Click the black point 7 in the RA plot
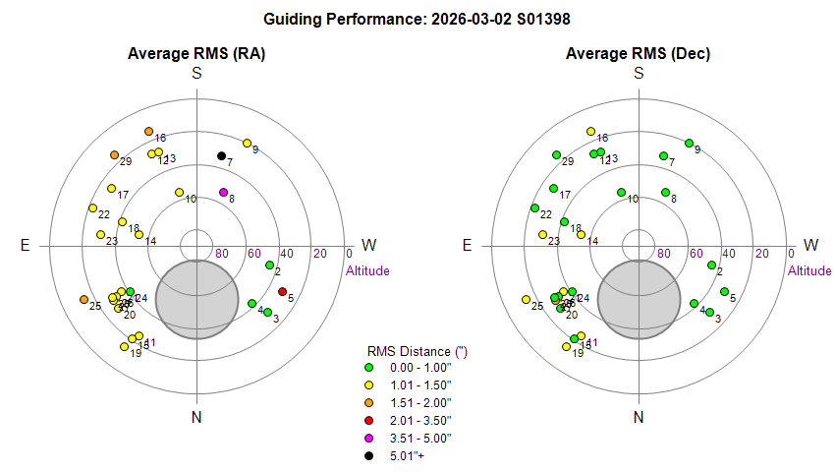tap(221, 155)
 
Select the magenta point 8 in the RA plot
tap(223, 192)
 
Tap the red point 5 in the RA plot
tap(282, 291)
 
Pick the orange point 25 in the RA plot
tap(83, 300)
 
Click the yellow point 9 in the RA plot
tap(247, 143)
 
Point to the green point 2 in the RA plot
tap(269, 265)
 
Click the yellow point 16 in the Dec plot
tap(590, 131)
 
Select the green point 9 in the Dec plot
tap(689, 143)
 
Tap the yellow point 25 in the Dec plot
tap(526, 300)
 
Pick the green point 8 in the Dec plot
tap(665, 192)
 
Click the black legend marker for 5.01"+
tap(368, 455)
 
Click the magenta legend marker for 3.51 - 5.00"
tap(368, 438)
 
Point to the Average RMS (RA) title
tap(196, 53)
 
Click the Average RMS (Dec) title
tap(639, 53)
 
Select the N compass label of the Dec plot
tap(639, 418)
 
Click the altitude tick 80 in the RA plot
tap(222, 254)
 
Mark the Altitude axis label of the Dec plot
tap(809, 270)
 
